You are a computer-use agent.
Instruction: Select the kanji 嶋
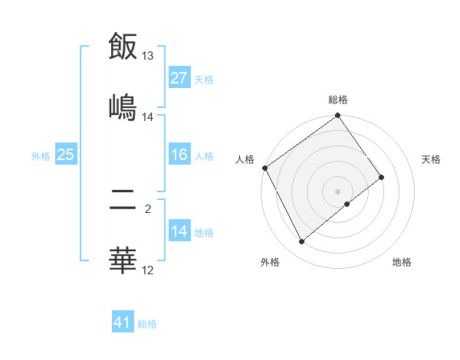tap(123, 106)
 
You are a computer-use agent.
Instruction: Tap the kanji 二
tap(123, 202)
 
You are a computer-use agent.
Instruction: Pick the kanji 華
tap(123, 260)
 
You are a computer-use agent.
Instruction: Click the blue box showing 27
tap(179, 78)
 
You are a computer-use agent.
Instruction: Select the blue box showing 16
tap(179, 155)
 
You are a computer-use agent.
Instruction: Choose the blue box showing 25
tap(65, 155)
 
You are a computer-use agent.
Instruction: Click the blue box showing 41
tap(123, 322)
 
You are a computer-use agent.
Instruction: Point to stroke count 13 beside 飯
tap(148, 56)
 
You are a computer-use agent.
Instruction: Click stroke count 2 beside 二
tap(148, 206)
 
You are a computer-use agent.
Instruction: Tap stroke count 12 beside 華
tap(148, 270)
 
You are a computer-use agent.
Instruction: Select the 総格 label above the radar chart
tap(338, 100)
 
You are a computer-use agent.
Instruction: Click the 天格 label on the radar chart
tap(431, 159)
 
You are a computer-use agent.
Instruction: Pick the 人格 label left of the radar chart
tap(245, 159)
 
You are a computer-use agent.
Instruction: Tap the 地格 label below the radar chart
tap(402, 262)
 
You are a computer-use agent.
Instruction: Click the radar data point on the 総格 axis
tap(338, 116)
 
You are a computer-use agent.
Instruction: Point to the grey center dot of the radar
tap(338, 191)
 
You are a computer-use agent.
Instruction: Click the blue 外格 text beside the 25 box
tap(40, 155)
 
